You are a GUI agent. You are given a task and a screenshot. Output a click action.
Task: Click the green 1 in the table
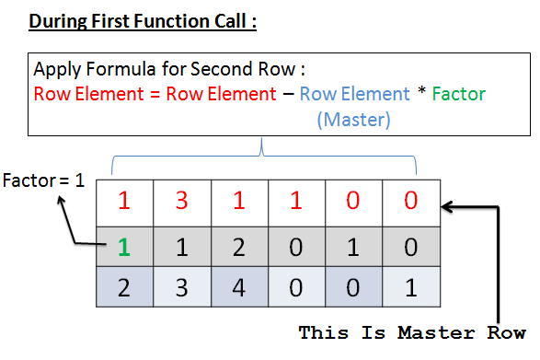pyautogui.click(x=126, y=248)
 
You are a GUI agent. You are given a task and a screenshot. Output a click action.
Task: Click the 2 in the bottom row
pyautogui.click(x=125, y=286)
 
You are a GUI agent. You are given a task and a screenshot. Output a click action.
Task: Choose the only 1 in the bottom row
pyautogui.click(x=411, y=286)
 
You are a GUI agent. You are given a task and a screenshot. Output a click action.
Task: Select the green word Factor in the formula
pyautogui.click(x=458, y=94)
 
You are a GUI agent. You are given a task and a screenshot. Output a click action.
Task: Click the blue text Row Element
pyautogui.click(x=354, y=94)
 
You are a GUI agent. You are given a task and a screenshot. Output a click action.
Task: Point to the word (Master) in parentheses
pyautogui.click(x=354, y=119)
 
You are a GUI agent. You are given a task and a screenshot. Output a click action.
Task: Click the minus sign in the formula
pyautogui.click(x=288, y=94)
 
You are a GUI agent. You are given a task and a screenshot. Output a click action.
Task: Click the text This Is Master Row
pyautogui.click(x=411, y=332)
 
